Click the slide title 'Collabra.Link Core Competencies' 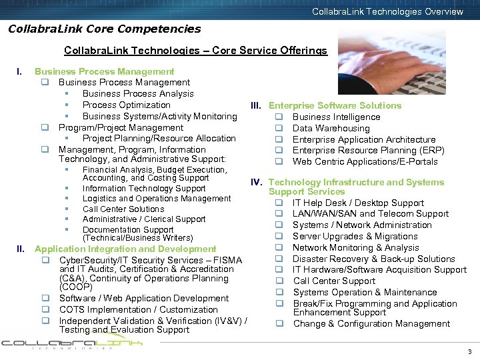104,29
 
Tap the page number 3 469,351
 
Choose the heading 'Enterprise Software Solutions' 335,105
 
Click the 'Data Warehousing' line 331,128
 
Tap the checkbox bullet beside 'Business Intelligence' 280,117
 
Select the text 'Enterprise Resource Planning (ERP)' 368,151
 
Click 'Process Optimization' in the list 127,105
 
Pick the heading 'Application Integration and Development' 125,249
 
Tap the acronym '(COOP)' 75,287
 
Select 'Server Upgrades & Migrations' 355,236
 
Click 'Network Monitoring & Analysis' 356,247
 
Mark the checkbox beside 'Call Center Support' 280,281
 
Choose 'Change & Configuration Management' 371,323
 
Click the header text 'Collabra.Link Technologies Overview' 387,11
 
